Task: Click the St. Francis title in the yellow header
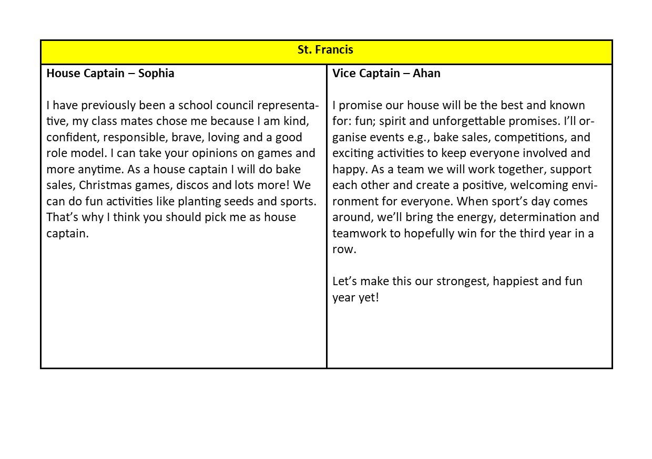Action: pos(325,50)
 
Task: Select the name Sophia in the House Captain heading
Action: pos(156,74)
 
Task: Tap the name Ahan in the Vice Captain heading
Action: pos(426,74)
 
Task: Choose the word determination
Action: pos(536,217)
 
